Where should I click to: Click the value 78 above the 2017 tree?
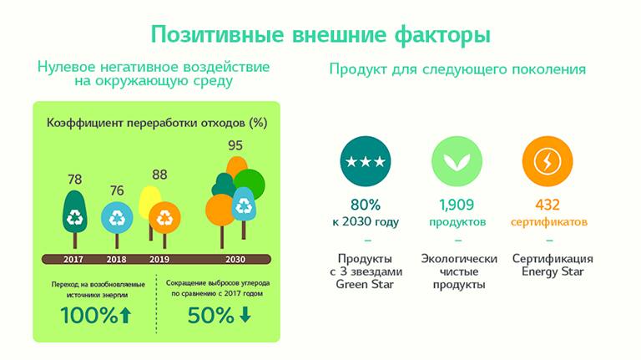[75, 180]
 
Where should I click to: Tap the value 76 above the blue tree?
[117, 190]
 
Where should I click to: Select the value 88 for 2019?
[159, 175]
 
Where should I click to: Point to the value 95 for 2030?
[235, 145]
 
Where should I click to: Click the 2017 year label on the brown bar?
[73, 260]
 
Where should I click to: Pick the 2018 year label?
[117, 260]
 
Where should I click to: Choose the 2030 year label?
[235, 260]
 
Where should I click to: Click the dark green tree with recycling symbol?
[75, 219]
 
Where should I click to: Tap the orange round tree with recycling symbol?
[164, 219]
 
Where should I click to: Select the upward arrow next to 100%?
[125, 316]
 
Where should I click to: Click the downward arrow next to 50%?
[245, 315]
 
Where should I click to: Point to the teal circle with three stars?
[366, 161]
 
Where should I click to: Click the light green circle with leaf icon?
[457, 161]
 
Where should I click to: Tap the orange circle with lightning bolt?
[548, 161]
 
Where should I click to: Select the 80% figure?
[366, 205]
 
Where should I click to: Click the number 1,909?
[457, 205]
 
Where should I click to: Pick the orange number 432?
[548, 205]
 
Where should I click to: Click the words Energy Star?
[553, 271]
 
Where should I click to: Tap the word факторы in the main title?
[442, 34]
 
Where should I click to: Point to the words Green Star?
[365, 284]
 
